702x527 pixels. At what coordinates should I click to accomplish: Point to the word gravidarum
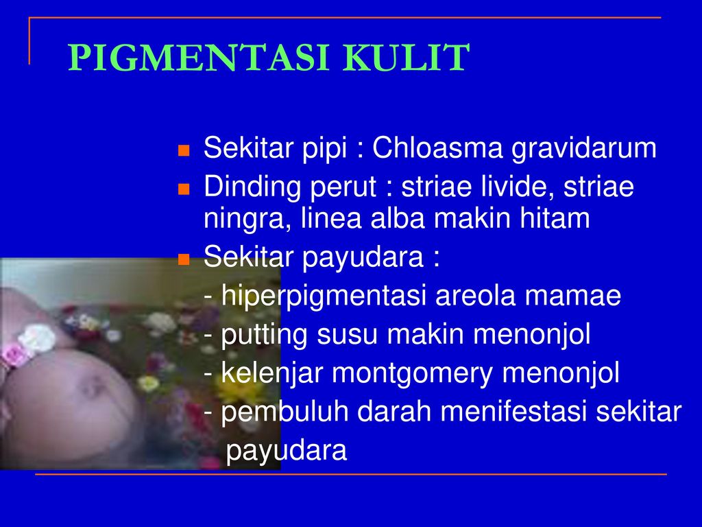(584, 149)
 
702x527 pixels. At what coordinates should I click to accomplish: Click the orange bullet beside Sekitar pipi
(184, 150)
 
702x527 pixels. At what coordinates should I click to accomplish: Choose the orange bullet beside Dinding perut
(184, 189)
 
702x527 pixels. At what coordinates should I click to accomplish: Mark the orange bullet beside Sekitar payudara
(184, 259)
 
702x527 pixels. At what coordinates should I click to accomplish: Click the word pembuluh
(285, 412)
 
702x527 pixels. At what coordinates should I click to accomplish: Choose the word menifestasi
(513, 412)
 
